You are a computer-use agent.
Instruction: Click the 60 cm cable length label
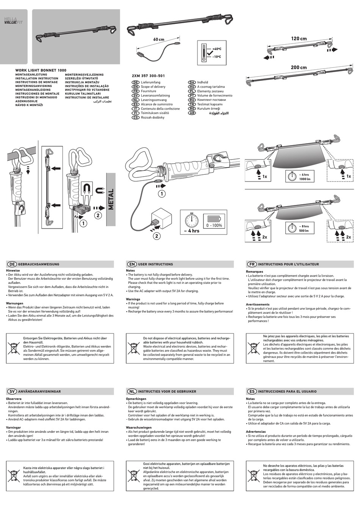point(159,40)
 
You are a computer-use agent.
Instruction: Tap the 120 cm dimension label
point(299,39)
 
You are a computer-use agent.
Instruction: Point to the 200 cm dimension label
point(299,67)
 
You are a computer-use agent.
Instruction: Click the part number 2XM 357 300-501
point(148,76)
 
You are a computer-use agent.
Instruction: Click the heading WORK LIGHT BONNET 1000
point(41,70)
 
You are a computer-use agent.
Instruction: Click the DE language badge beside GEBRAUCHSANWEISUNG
point(12,264)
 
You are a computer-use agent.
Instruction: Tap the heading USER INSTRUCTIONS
point(155,264)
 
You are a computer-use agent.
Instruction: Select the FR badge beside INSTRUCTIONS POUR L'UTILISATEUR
point(252,264)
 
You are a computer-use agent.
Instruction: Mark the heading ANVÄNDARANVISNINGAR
point(39,392)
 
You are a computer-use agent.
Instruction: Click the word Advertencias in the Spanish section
point(255,432)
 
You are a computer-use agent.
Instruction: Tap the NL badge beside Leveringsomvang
point(135,100)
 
